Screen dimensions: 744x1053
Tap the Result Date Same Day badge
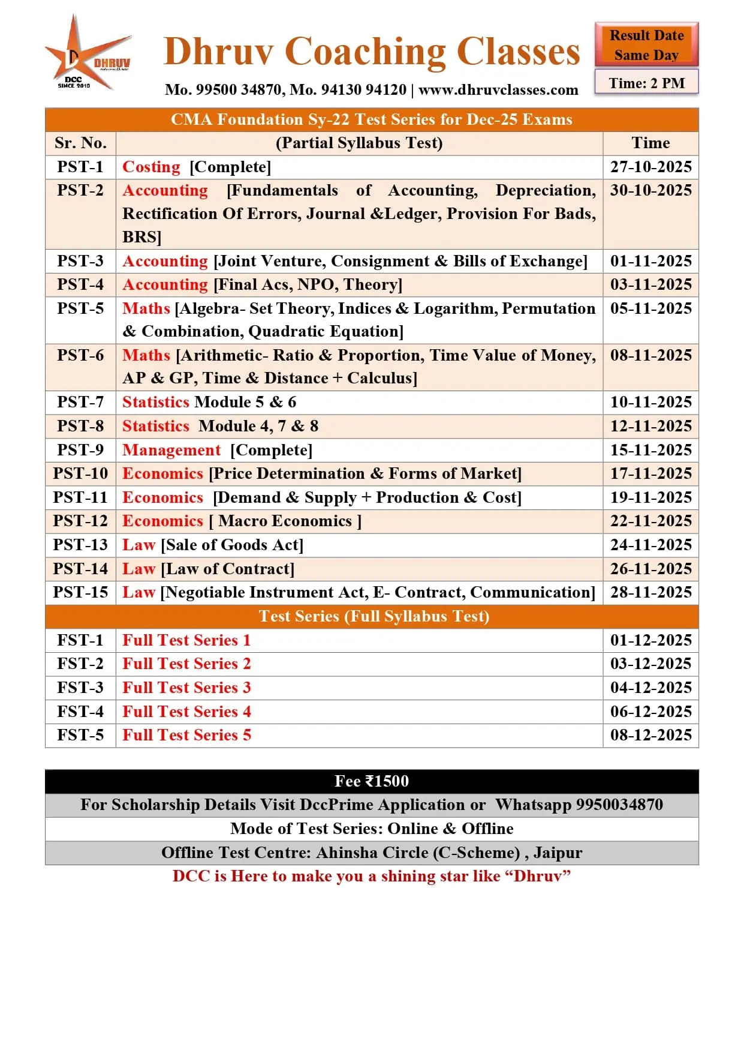pyautogui.click(x=646, y=45)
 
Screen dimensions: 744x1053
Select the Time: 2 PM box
pyautogui.click(x=646, y=83)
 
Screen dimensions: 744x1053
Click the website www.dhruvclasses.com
pyautogui.click(x=498, y=90)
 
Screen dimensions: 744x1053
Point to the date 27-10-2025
pyautogui.click(x=650, y=167)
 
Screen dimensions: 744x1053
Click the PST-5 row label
pyautogui.click(x=80, y=308)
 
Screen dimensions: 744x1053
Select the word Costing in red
pyautogui.click(x=151, y=167)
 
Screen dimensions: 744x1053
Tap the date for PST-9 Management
pyautogui.click(x=650, y=450)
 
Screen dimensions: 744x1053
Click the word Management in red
pyautogui.click(x=171, y=450)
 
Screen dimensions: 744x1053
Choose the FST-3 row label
pyautogui.click(x=80, y=688)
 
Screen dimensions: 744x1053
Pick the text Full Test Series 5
pyautogui.click(x=186, y=735)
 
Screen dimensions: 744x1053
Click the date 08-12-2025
pyautogui.click(x=650, y=735)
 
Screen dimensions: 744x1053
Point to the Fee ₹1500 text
pyautogui.click(x=372, y=781)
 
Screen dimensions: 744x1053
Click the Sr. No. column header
pyautogui.click(x=80, y=143)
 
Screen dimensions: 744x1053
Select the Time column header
pyautogui.click(x=650, y=143)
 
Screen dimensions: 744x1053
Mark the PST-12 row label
pyautogui.click(x=80, y=521)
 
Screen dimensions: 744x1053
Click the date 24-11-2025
pyautogui.click(x=650, y=545)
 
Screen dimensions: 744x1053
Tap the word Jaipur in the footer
pyautogui.click(x=558, y=853)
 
